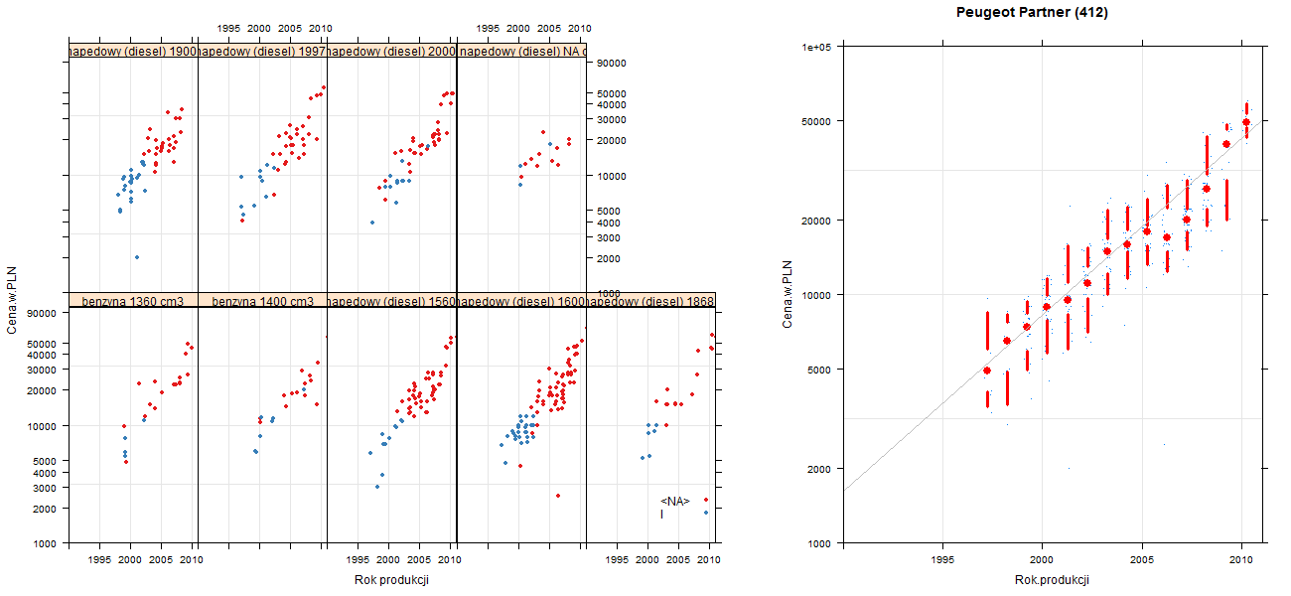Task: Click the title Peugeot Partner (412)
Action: coord(1032,13)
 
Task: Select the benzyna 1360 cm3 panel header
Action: coord(133,300)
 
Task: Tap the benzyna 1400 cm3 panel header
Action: coord(262,300)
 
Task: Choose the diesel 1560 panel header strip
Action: coord(391,300)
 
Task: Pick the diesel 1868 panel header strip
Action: coord(650,300)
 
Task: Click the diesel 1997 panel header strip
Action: coord(262,51)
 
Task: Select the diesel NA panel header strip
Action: coord(521,51)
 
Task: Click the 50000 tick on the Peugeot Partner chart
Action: coord(817,121)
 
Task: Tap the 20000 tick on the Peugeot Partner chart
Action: coord(817,220)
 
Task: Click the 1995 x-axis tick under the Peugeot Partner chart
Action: coord(942,560)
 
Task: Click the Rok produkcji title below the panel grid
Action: coord(391,580)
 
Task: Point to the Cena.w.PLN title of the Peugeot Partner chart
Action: coord(788,294)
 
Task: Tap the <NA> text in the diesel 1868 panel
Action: coord(675,501)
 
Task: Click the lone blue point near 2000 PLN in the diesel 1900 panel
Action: coord(137,257)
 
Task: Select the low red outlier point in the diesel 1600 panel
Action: coord(557,496)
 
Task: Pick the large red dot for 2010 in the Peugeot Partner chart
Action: coord(1246,122)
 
